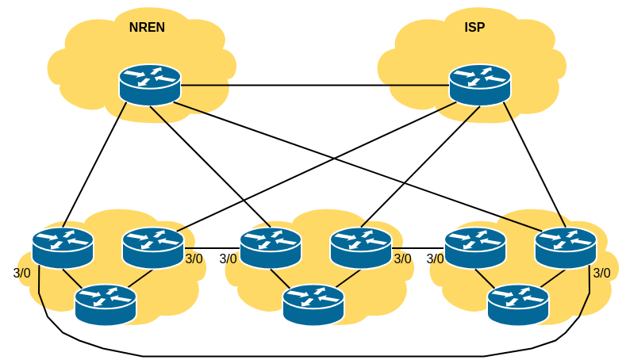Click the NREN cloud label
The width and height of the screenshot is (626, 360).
147,28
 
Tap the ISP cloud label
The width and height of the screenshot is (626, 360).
474,28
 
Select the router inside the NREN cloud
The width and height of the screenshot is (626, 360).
150,84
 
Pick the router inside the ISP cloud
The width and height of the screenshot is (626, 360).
480,84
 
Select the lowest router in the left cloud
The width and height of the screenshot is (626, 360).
106,304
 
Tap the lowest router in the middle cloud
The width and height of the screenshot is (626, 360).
313,304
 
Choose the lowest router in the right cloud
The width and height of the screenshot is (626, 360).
518,304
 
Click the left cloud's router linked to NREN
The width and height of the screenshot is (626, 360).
63,247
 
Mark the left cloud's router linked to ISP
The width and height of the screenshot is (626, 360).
153,247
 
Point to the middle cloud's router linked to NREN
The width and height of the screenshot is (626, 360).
271,247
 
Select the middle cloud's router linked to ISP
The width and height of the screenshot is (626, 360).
361,247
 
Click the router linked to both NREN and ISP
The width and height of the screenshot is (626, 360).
566,247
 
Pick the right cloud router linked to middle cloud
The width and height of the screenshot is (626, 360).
475,247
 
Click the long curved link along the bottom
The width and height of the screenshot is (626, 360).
317,354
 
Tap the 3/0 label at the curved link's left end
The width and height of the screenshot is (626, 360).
22,273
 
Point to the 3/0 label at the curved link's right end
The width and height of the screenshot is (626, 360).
602,273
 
